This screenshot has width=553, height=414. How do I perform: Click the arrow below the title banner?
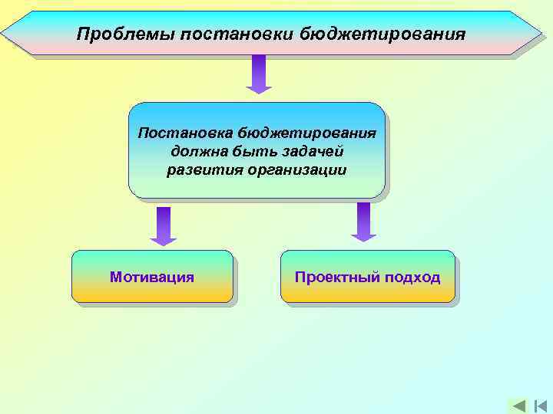click(x=259, y=74)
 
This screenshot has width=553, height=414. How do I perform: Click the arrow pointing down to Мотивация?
click(x=163, y=225)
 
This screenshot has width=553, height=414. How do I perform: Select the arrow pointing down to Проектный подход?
click(x=364, y=222)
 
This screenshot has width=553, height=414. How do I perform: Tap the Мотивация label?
click(x=152, y=277)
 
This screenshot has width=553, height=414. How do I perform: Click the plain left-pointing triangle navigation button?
click(x=518, y=406)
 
